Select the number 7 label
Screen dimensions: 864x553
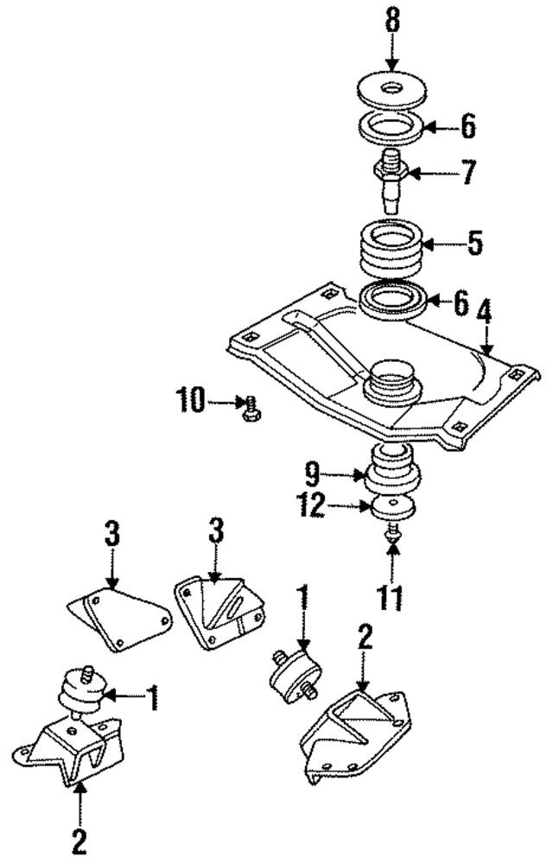pos(467,173)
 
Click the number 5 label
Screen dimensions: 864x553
pos(474,244)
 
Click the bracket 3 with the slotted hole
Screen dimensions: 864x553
pos(220,610)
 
